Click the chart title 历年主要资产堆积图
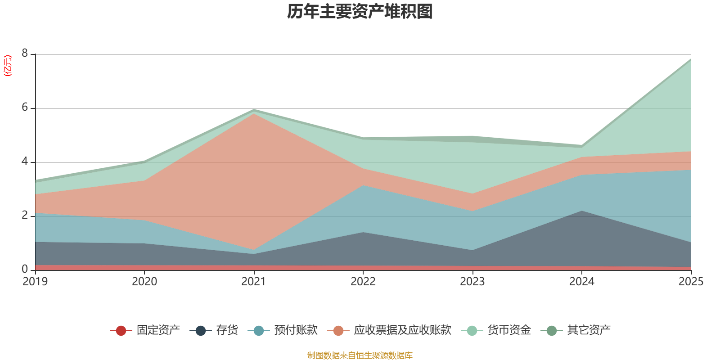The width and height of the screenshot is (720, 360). coord(360,12)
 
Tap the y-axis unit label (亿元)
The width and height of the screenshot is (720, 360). coord(8,66)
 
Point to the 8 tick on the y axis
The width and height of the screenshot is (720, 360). coord(25,54)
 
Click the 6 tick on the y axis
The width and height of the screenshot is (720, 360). coord(25,108)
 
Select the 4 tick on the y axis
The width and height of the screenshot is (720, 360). coord(25,162)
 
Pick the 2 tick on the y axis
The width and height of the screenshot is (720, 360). coord(25,216)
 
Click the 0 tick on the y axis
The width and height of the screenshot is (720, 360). coord(25,269)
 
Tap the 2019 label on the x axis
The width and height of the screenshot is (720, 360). coord(35,282)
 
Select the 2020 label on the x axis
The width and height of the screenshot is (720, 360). coord(144,282)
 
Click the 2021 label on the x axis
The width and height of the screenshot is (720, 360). coord(254,282)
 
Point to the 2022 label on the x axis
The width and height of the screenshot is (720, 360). coord(363,282)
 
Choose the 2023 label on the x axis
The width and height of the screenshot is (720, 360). coord(472,282)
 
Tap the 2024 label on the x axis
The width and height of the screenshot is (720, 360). coord(582,282)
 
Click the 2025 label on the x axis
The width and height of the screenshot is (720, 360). coord(691,282)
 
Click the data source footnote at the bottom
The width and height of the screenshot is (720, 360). coord(360,355)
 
